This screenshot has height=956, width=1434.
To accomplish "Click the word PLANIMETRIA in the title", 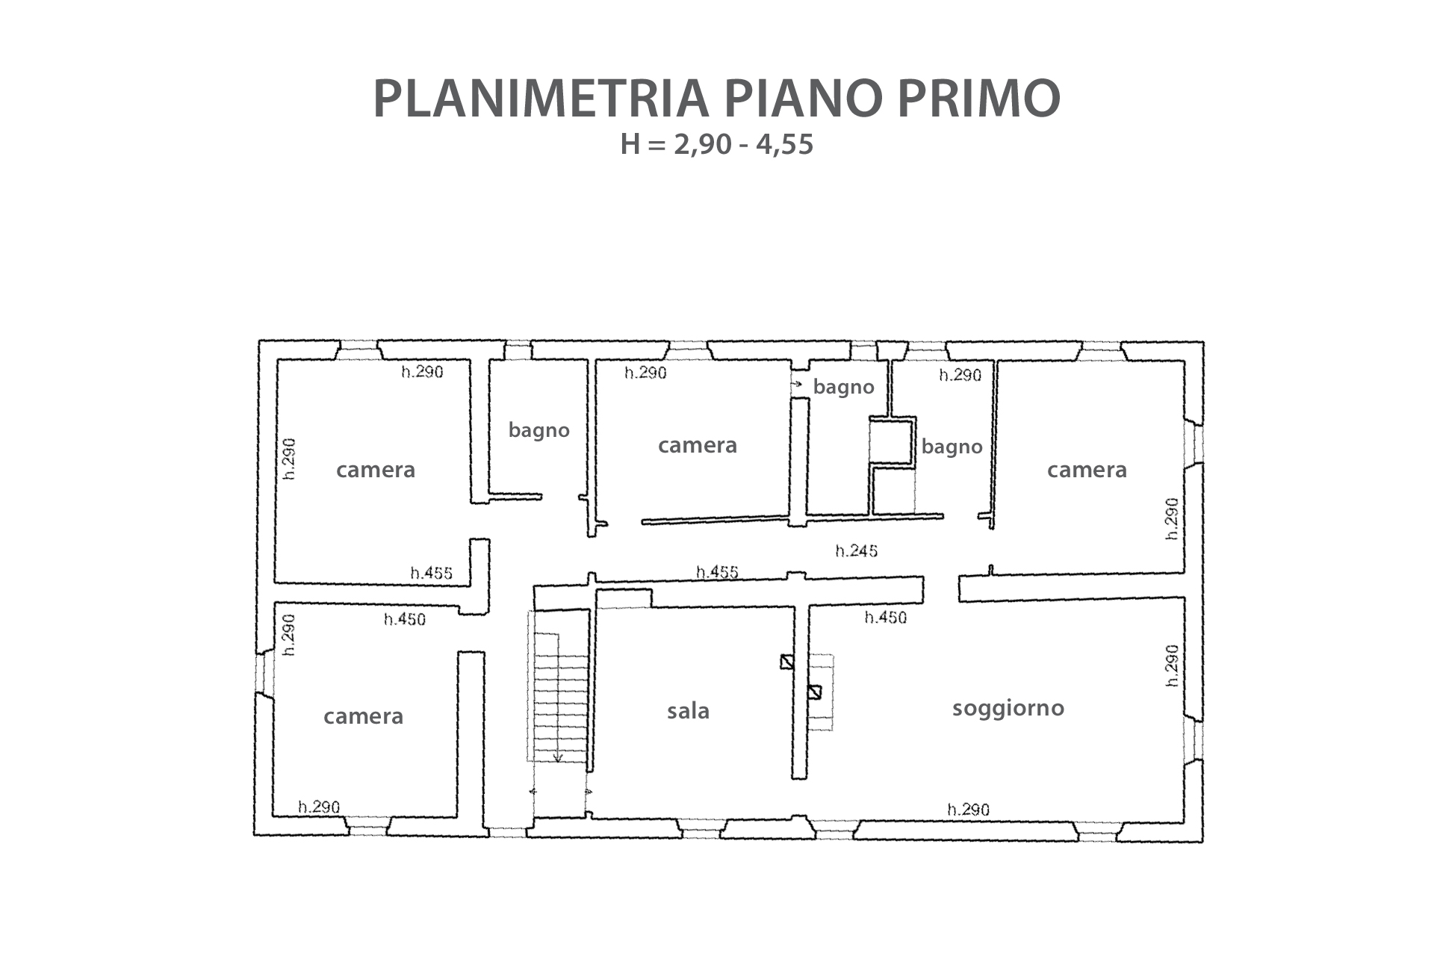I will click(540, 98).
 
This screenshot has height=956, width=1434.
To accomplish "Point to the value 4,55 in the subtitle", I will click(784, 145).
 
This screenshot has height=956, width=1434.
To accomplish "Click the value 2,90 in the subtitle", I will click(702, 145).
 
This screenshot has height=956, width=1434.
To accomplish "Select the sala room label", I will click(688, 710).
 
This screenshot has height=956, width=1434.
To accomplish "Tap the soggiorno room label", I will click(1008, 707).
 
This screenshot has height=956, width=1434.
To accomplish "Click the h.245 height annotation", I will click(856, 551).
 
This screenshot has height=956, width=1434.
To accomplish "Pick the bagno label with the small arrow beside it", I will click(843, 387).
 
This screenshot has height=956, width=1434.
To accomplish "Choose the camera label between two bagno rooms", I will click(697, 445).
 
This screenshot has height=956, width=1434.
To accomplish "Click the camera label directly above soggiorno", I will click(1087, 470).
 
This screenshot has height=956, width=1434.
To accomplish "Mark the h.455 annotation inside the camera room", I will click(431, 573).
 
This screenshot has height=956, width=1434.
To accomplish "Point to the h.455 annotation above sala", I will click(717, 572).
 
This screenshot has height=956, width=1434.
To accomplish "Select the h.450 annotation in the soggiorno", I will click(885, 617).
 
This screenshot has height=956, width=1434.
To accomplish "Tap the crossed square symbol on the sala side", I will click(786, 662).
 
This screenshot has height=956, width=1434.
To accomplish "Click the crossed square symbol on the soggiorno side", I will click(814, 692).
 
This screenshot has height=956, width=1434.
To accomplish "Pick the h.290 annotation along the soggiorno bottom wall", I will click(968, 810).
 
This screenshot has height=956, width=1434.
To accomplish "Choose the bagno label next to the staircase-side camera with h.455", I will click(538, 430).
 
